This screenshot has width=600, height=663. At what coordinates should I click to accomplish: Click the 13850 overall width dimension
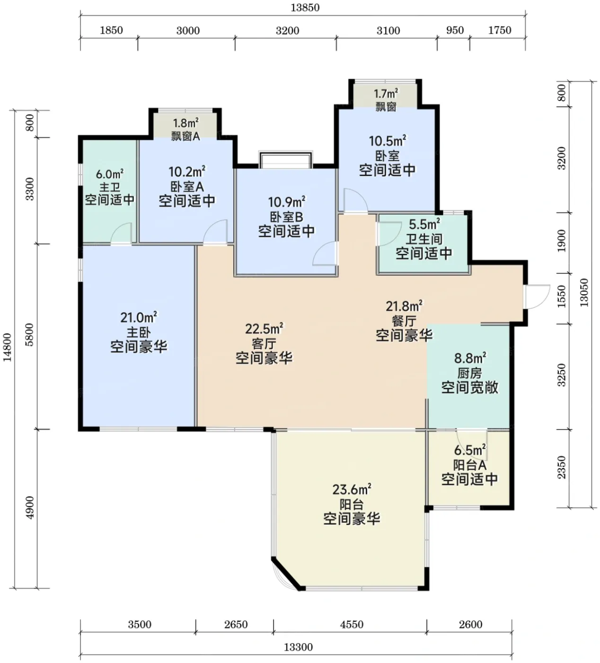click(305, 7)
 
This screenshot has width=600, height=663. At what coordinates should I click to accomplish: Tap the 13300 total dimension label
click(298, 647)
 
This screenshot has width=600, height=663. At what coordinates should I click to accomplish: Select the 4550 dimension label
click(352, 624)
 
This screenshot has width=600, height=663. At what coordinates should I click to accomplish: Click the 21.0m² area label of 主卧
click(139, 317)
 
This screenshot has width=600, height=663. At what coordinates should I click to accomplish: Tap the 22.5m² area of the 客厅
click(264, 329)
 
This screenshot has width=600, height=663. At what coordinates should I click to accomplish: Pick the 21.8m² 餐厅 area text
click(404, 306)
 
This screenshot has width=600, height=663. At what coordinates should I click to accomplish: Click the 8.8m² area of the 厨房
click(470, 358)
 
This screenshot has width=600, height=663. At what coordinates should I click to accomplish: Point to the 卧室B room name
click(286, 217)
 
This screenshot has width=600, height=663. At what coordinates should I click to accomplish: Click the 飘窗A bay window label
click(185, 136)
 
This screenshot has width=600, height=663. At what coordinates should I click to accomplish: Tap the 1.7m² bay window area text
click(386, 94)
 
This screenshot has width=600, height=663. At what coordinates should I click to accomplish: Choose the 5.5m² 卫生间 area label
click(424, 224)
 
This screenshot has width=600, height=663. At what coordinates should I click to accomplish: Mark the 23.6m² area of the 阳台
click(352, 489)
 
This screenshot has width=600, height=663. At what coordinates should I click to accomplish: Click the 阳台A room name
click(469, 465)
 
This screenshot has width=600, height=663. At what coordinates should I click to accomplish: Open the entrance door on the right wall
click(537, 297)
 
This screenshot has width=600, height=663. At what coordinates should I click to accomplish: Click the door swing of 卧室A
click(215, 233)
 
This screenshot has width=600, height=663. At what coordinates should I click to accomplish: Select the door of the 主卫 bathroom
click(121, 234)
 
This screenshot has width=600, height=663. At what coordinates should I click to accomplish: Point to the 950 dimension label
click(455, 30)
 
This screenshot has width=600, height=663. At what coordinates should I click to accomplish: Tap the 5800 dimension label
click(29, 334)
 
